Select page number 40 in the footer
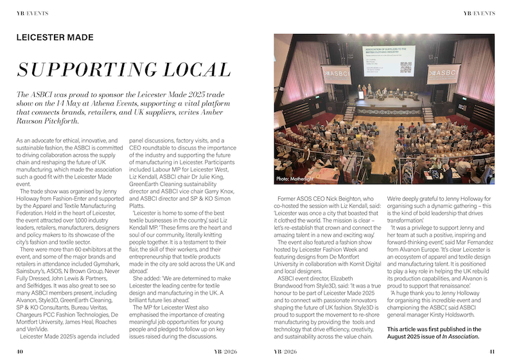(x=21, y=351)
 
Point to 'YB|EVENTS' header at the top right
(x=479, y=13)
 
